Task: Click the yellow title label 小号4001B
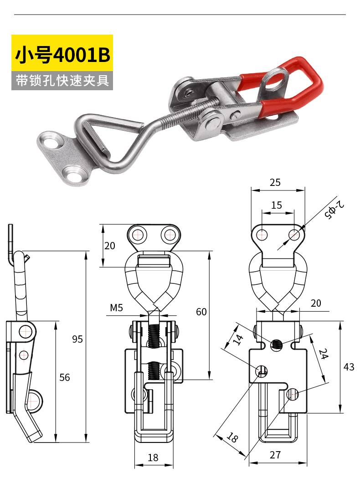tap(62, 55)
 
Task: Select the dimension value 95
tap(78, 339)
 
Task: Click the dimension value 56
tap(65, 377)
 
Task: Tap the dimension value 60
tap(201, 312)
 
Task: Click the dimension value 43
tap(349, 367)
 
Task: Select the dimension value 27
tap(275, 454)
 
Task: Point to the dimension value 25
tap(275, 183)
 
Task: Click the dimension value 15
tap(277, 205)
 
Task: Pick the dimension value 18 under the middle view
tap(153, 458)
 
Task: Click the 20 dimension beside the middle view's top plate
tap(110, 246)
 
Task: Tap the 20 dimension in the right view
tap(315, 303)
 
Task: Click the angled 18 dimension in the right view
tap(231, 438)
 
